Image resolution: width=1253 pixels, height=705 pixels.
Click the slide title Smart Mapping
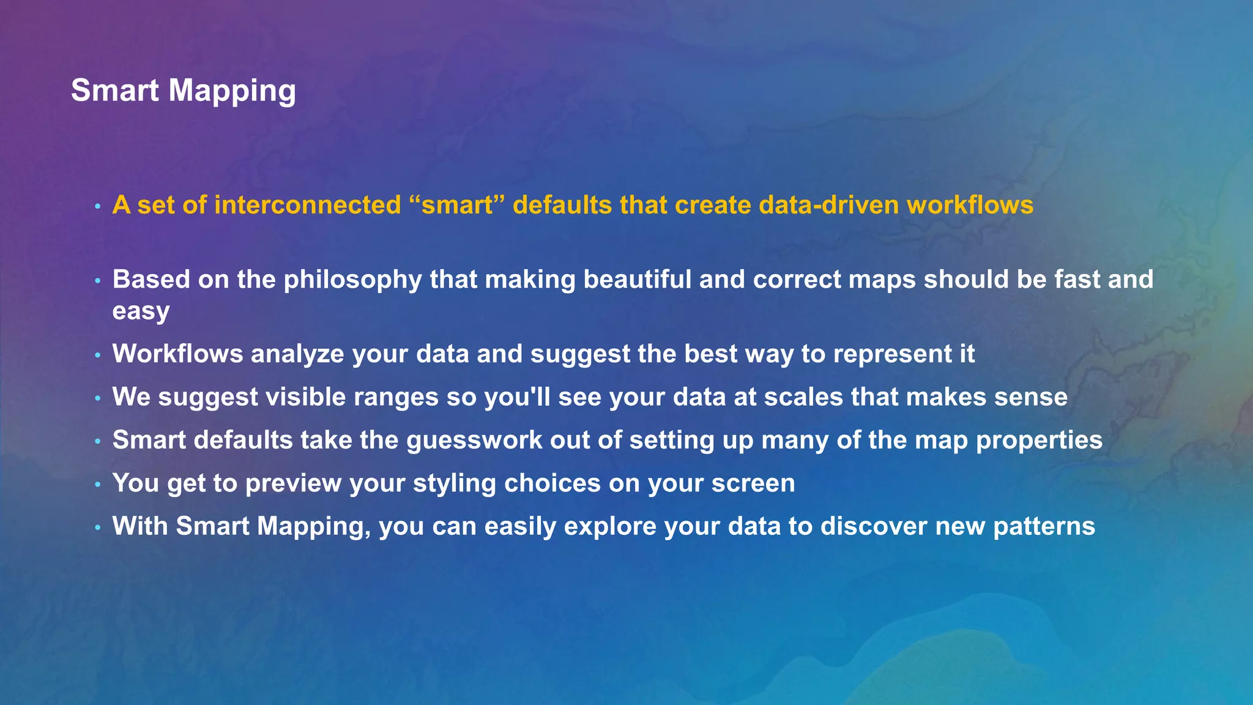(184, 91)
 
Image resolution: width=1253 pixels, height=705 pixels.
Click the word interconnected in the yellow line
(308, 205)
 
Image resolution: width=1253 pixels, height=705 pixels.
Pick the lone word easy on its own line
(141, 311)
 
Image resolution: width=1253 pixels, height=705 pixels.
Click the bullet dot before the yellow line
(97, 207)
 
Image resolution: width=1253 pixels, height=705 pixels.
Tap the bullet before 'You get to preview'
(97, 485)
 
